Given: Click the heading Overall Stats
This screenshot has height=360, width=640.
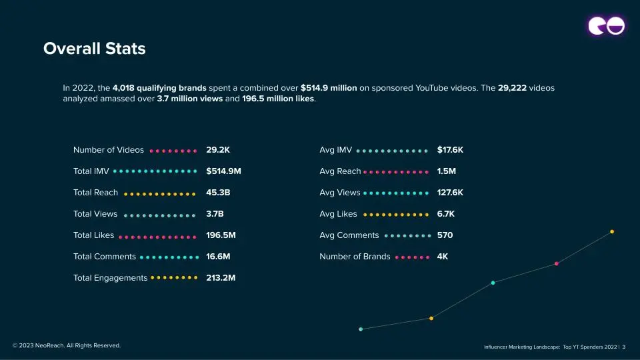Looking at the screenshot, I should (x=94, y=49).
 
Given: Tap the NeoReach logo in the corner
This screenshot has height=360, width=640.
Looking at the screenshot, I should (x=606, y=26).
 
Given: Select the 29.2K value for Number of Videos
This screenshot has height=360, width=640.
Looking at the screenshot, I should (x=218, y=150).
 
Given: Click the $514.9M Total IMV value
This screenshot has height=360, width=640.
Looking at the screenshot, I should (x=223, y=171).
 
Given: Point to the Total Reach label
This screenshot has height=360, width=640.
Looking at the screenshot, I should (x=95, y=193).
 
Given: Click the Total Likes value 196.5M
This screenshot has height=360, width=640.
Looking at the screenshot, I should (x=221, y=235).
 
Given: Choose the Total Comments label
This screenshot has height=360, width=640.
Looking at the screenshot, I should (x=104, y=257).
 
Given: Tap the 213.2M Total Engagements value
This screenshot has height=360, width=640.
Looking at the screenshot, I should (x=221, y=278).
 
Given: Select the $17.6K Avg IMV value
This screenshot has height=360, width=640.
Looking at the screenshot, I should (x=450, y=150).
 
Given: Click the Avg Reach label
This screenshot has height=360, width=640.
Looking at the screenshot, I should (x=340, y=171).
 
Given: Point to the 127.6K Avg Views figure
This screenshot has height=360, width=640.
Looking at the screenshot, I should (x=450, y=193).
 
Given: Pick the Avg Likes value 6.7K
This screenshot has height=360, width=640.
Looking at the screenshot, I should (x=446, y=214).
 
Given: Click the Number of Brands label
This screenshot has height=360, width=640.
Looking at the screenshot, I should (x=355, y=257).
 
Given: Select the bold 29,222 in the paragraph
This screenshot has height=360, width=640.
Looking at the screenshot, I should (x=512, y=88).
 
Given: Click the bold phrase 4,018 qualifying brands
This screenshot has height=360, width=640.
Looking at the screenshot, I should (x=159, y=88).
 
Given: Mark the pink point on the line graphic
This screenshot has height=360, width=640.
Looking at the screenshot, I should (x=556, y=263).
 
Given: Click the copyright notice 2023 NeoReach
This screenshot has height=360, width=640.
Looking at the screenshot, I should (x=67, y=345).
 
